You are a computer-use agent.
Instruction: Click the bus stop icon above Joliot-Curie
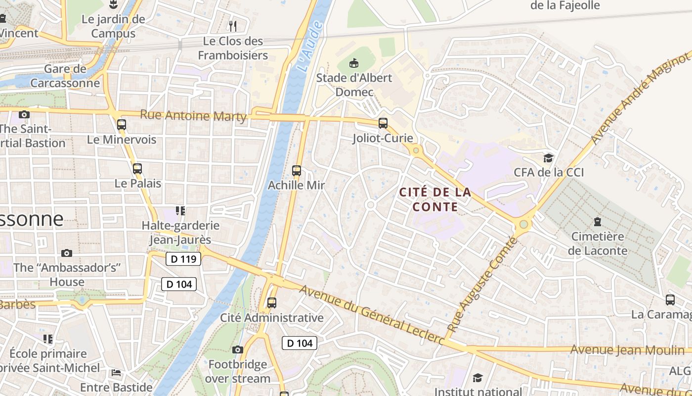[x=383, y=123]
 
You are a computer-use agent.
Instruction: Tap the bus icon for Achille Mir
[x=297, y=171]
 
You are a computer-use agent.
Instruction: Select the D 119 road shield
[x=183, y=259]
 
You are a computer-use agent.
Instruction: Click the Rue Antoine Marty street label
[x=193, y=115]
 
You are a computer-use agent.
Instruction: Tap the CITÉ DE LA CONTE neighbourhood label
[x=435, y=199]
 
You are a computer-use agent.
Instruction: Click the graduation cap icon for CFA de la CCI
[x=549, y=158]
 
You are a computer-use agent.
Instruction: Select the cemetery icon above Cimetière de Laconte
[x=598, y=221]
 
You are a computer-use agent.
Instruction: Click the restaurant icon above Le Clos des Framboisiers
[x=233, y=26]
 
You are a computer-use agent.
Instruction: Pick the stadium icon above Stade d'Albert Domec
[x=354, y=63]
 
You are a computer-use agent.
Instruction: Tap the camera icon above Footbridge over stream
[x=238, y=349]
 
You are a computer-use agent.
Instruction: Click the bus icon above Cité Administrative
[x=271, y=302]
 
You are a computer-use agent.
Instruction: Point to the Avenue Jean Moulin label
[x=627, y=350]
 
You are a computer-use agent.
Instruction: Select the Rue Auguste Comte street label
[x=482, y=285]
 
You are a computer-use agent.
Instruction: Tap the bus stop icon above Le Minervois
[x=122, y=125]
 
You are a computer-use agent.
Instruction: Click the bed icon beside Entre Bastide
[x=116, y=372]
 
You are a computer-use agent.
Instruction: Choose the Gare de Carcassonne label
[x=65, y=76]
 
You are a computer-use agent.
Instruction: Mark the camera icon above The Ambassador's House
[x=67, y=253]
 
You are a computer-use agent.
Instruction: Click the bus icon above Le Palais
[x=137, y=168]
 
